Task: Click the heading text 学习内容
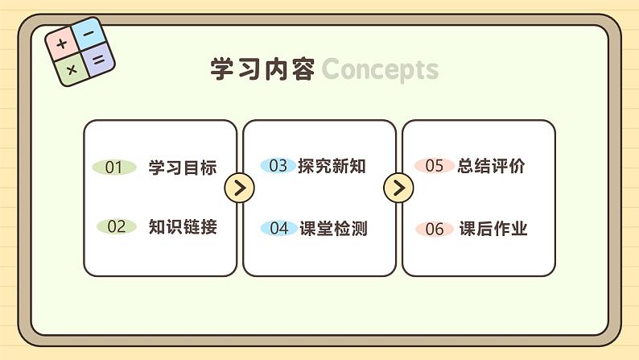pos(262,69)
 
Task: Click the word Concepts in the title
pos(380,70)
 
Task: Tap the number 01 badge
pos(114,168)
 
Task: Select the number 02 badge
pos(117,226)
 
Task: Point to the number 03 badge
pos(278,166)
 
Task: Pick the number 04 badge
pos(278,228)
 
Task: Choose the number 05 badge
pos(435,166)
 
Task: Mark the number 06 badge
pos(435,229)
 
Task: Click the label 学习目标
pos(183,168)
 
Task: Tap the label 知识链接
pos(183,226)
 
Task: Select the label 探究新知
pos(332,166)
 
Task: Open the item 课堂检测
pos(333,228)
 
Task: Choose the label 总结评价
pos(491,166)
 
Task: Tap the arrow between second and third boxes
pos(398,188)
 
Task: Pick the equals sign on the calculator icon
pos(97,59)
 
